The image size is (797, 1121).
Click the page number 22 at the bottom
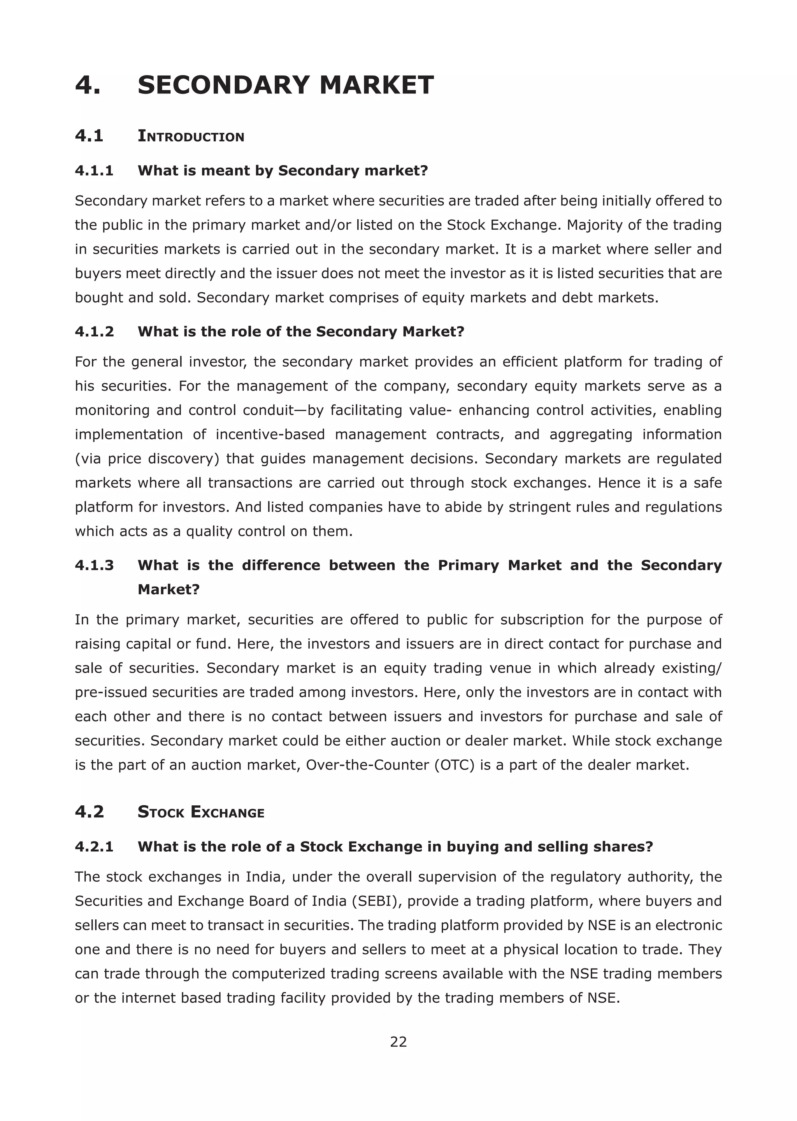[398, 1042]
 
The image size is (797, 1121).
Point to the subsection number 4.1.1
[94, 170]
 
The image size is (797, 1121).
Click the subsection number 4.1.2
[94, 331]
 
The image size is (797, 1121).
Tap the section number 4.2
[90, 812]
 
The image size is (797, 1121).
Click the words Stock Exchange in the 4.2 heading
[201, 812]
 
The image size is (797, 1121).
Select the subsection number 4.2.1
[94, 846]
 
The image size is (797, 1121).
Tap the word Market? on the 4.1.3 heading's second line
[169, 589]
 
